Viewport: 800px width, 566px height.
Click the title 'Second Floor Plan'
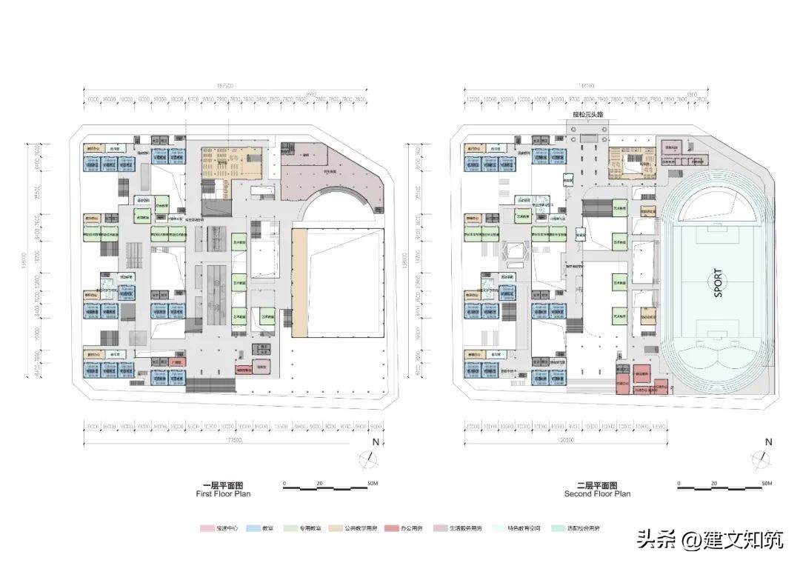tap(597, 493)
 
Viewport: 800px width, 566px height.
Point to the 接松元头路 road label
tap(589, 115)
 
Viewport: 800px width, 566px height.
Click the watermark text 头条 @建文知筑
tap(710, 539)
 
